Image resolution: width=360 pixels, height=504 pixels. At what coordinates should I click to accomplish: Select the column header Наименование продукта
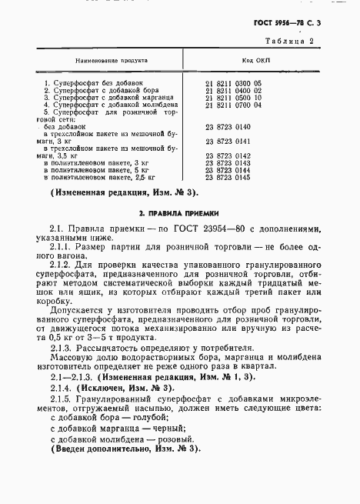112,59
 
